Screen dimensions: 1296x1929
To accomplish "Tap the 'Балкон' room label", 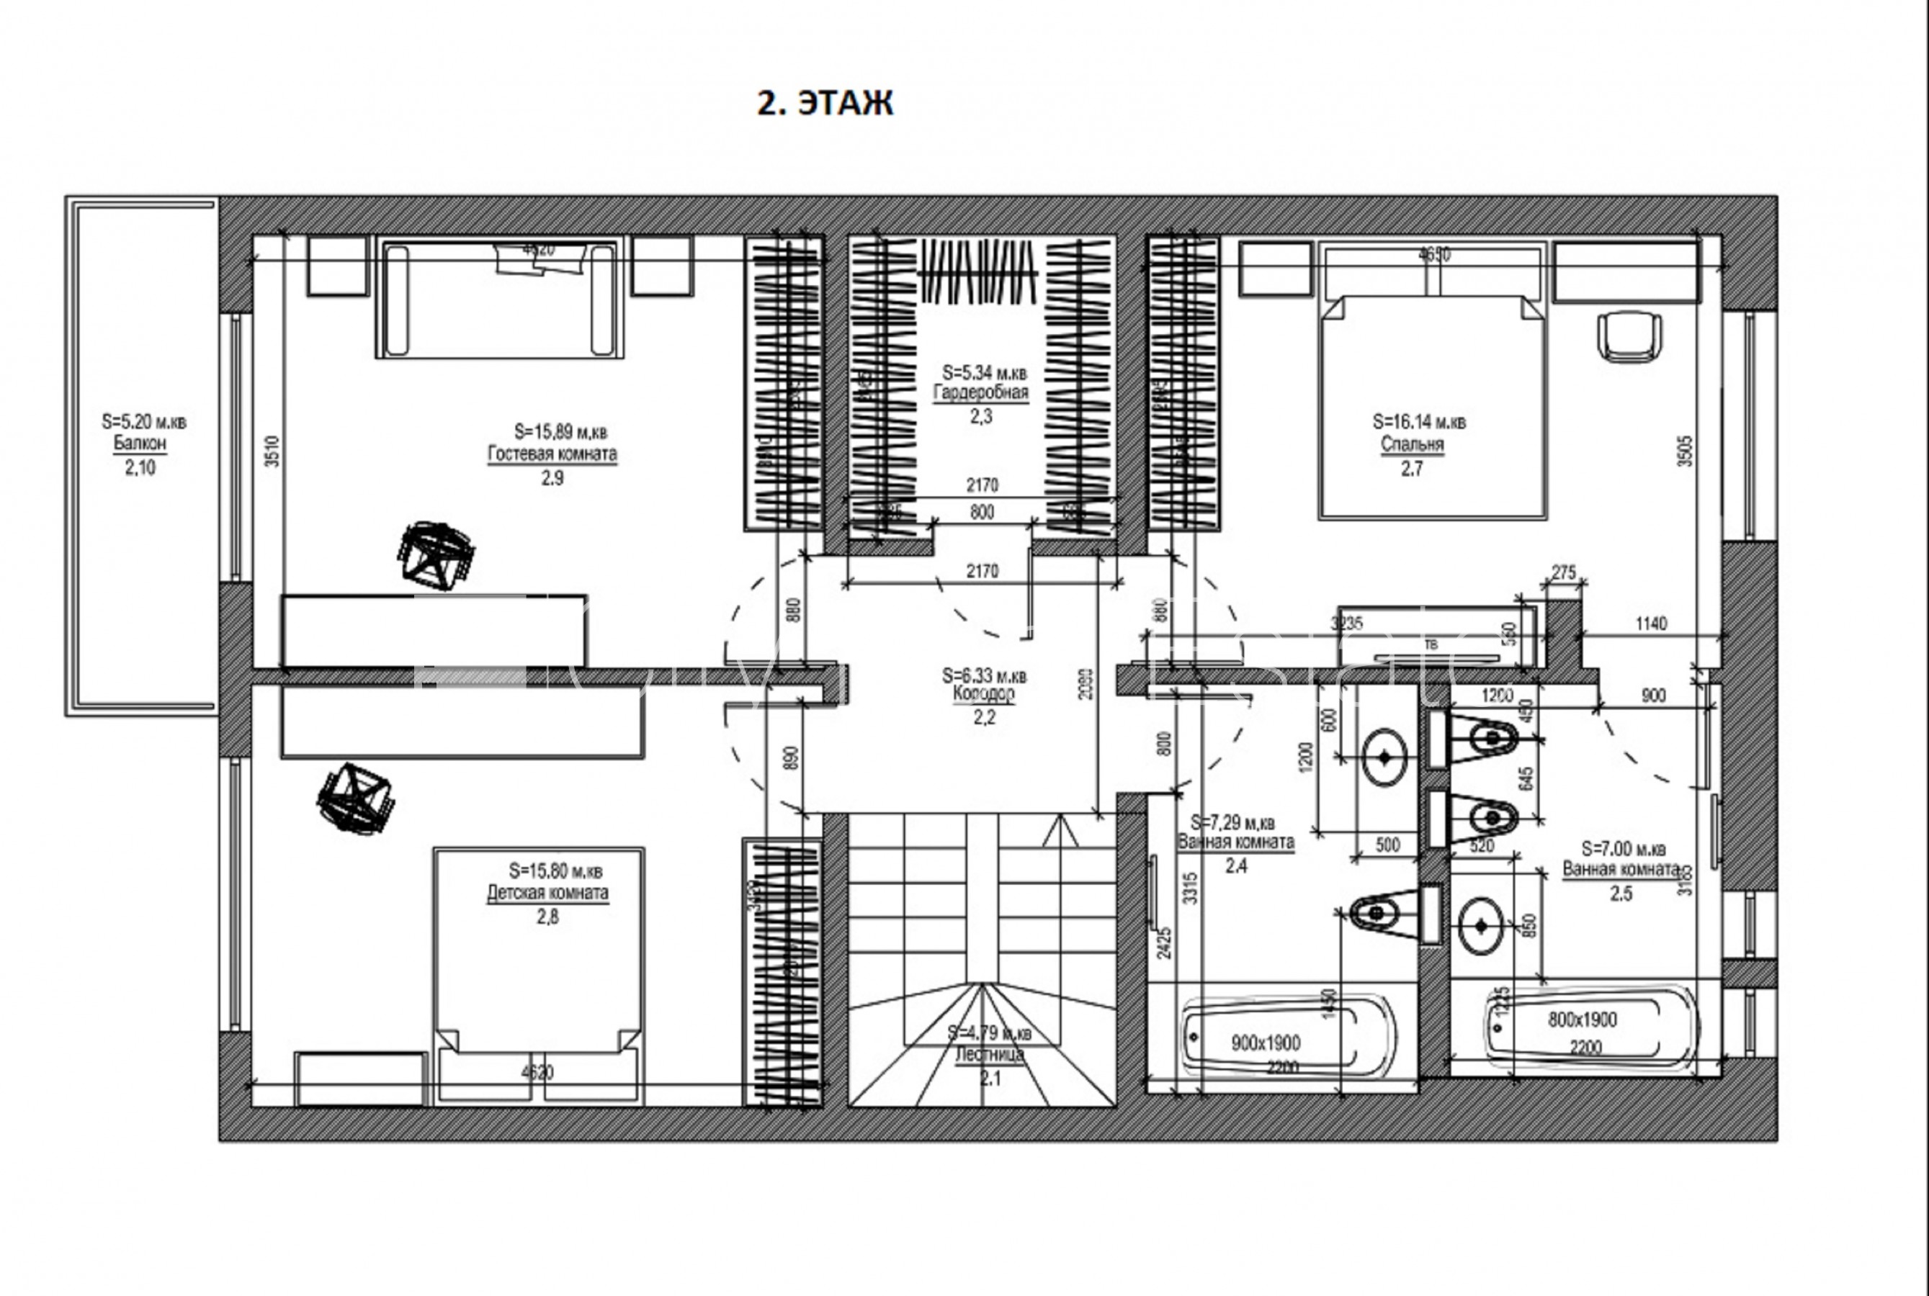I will tap(140, 444).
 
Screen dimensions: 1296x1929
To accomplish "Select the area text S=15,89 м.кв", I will tap(560, 431).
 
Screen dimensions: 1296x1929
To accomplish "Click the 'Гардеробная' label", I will tap(980, 393).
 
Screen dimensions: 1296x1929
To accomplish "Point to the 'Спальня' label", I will tap(1411, 445).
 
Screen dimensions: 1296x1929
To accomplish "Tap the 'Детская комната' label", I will tap(547, 894).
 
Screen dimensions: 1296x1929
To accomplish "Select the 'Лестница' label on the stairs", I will tap(989, 1056).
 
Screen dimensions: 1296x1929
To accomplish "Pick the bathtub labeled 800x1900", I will tap(1581, 1022).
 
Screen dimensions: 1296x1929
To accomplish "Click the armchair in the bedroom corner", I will tap(1629, 335).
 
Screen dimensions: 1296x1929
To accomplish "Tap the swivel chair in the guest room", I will tap(437, 555).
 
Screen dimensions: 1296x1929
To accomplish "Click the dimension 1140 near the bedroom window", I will tap(1650, 624).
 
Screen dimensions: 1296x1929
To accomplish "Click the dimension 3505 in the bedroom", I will tap(1684, 451).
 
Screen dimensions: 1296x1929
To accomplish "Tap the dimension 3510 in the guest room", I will tap(272, 451).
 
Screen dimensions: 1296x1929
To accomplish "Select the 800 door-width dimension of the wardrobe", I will tap(982, 513).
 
